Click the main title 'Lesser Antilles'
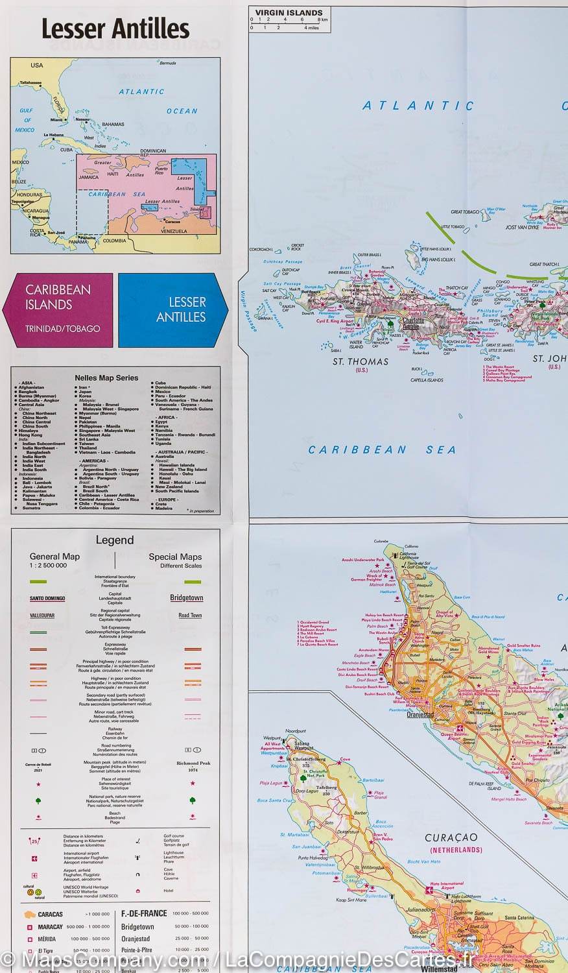115,29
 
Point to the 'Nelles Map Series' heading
115,378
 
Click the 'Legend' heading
115,540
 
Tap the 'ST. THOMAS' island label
360,361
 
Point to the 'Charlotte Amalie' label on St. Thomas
413,323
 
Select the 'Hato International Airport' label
447,885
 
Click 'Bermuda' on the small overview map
167,63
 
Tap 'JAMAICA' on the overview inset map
89,177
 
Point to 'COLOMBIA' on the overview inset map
115,241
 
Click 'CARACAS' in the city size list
51,914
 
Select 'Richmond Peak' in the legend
193,763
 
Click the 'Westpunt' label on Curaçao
272,738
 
